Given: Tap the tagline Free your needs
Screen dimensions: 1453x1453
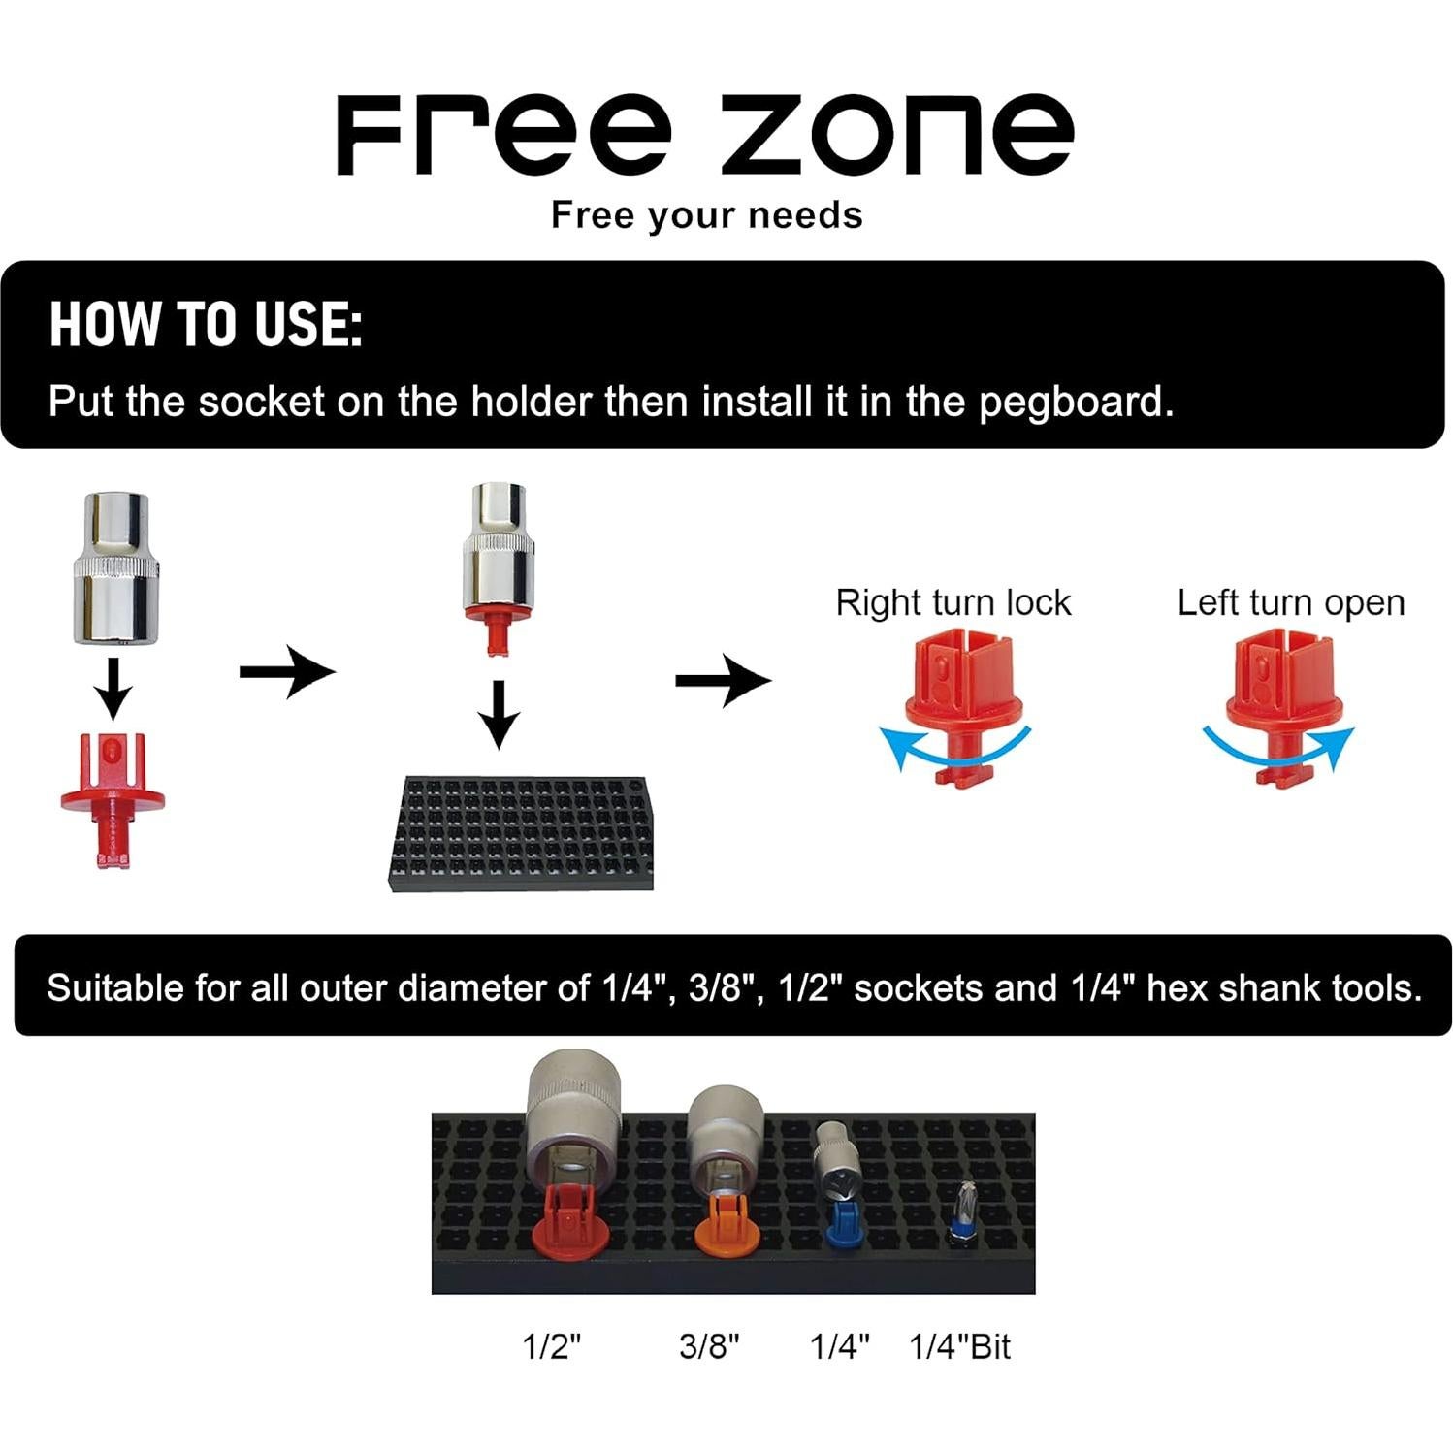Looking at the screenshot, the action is [x=706, y=215].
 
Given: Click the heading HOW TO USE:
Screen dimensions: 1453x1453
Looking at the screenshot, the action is [x=206, y=324].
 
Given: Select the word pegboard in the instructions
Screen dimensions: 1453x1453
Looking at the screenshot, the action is [x=1075, y=402].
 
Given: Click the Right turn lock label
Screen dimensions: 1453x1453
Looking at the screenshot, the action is [x=953, y=602].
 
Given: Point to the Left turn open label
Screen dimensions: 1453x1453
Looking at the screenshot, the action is [x=1291, y=602].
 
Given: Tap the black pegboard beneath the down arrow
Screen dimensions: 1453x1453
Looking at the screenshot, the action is [x=521, y=833].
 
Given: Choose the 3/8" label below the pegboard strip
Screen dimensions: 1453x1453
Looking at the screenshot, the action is [x=709, y=1346].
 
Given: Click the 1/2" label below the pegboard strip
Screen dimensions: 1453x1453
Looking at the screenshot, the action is [x=551, y=1346].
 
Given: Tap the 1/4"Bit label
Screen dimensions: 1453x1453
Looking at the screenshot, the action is [x=959, y=1346].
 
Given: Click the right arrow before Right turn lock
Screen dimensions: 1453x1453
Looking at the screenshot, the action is [x=723, y=680].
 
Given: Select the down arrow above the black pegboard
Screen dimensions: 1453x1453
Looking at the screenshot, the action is [x=500, y=714].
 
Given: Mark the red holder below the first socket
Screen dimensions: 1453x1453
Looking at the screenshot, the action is [x=113, y=794].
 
